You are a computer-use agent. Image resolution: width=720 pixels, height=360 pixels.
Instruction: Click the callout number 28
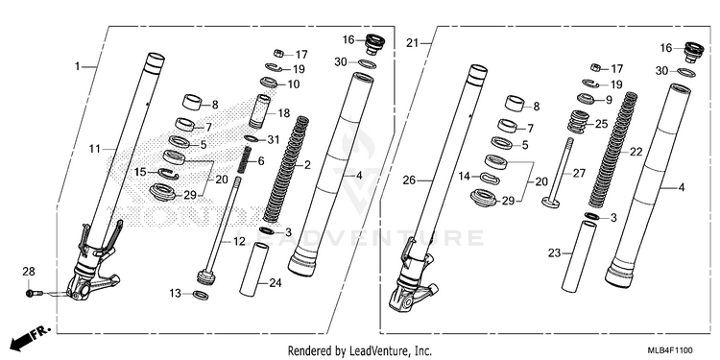pyautogui.click(x=29, y=272)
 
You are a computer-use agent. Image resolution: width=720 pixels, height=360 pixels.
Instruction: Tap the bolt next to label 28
pyautogui.click(x=34, y=293)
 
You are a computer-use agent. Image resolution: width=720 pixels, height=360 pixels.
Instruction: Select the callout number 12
pyautogui.click(x=239, y=242)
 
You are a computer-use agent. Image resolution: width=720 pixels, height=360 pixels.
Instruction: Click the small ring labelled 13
pyautogui.click(x=201, y=295)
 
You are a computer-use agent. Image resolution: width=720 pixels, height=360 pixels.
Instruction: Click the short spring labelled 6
pyautogui.click(x=247, y=159)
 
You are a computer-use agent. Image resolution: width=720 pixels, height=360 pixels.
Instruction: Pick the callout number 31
pyautogui.click(x=273, y=139)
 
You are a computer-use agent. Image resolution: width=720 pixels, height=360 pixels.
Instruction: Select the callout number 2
pyautogui.click(x=307, y=165)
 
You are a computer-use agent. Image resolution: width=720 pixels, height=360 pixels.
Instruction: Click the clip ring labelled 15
pyautogui.click(x=169, y=174)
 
